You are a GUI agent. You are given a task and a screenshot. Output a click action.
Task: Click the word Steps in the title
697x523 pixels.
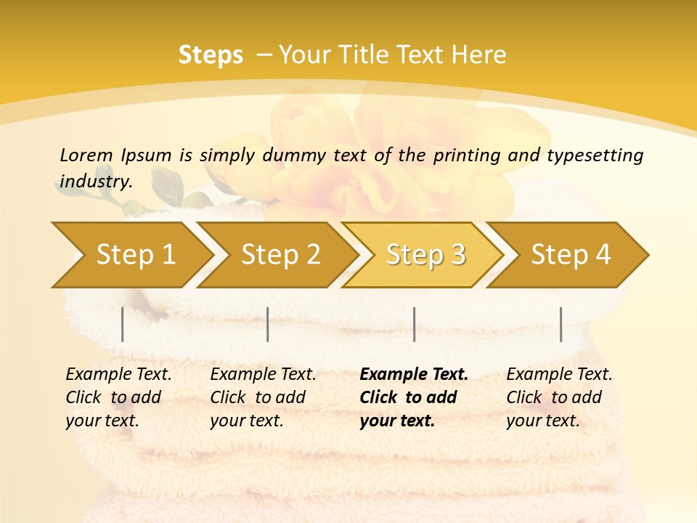click(211, 55)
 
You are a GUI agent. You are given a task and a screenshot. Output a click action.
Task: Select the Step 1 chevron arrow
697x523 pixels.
click(131, 255)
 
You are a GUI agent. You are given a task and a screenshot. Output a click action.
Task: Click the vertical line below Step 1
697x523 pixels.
click(123, 324)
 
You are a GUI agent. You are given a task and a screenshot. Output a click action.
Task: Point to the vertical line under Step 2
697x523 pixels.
click(268, 324)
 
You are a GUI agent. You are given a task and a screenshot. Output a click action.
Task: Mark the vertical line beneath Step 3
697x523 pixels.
click(414, 324)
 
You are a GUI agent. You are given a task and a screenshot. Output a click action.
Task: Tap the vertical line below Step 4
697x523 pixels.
click(561, 324)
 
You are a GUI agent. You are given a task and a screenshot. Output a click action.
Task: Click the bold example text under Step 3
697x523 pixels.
click(413, 397)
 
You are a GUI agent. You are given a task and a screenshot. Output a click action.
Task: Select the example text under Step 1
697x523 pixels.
click(118, 397)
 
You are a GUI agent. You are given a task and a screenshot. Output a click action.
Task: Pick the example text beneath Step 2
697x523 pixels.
click(263, 397)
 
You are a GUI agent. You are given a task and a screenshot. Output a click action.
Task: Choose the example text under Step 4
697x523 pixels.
click(559, 397)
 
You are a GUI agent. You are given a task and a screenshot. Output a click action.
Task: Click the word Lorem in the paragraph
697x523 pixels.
click(86, 155)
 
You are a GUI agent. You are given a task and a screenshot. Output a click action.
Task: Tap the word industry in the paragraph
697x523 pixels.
click(96, 181)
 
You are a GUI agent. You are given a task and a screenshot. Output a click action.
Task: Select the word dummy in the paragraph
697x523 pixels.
click(298, 155)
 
